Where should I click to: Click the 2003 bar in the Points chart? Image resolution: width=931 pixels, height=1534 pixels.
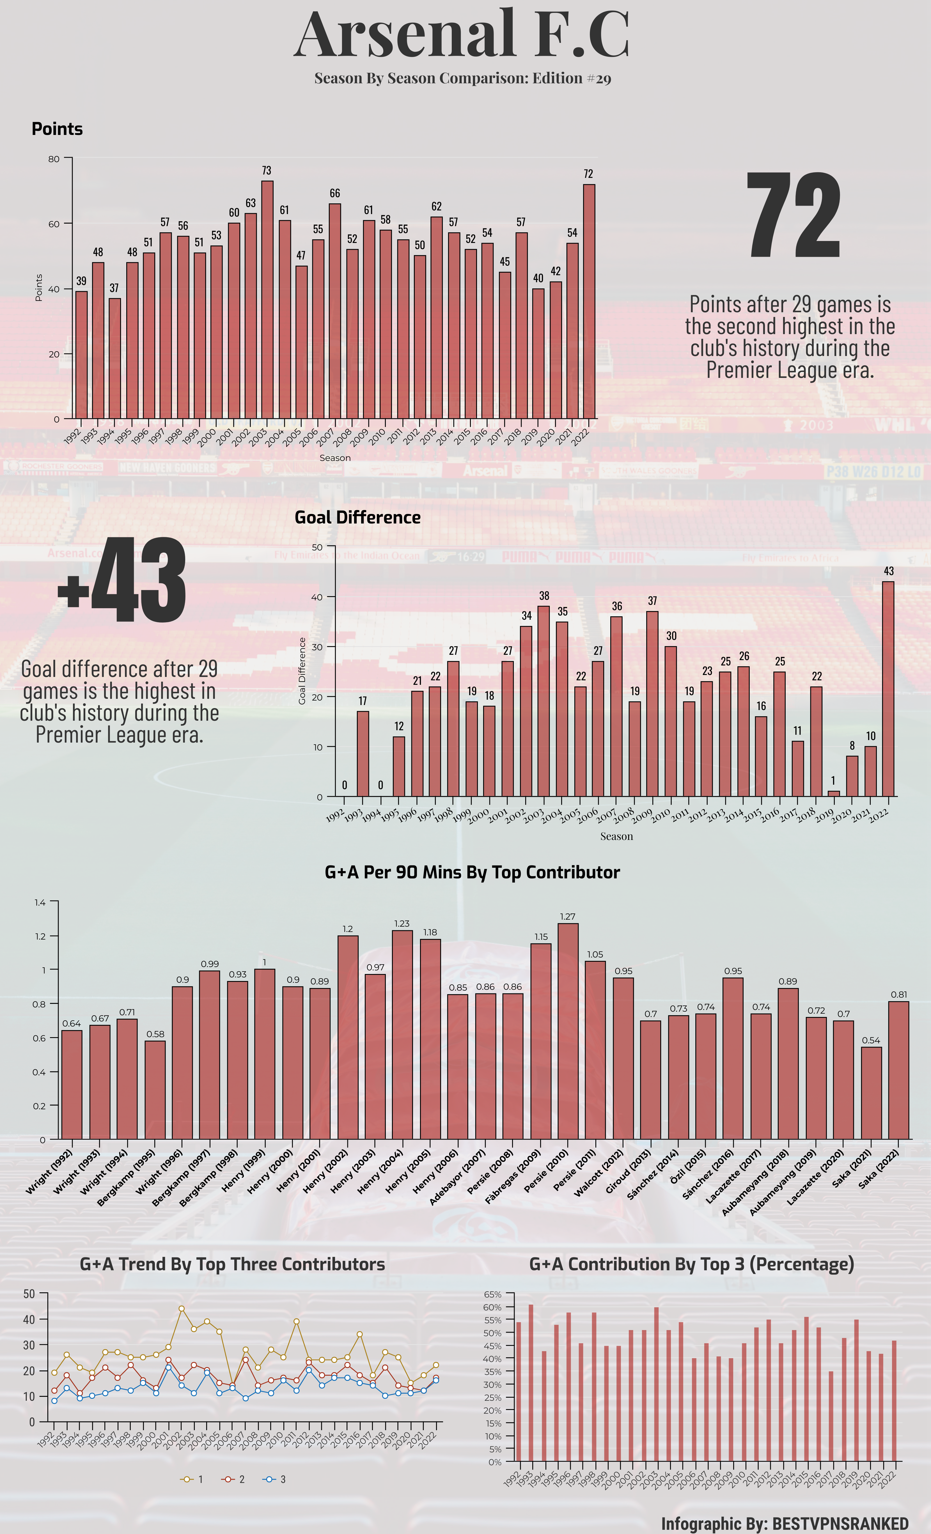pos(267,299)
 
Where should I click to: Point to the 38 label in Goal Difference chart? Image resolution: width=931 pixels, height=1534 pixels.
pos(544,596)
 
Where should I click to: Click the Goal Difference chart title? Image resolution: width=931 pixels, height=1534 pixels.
pos(357,517)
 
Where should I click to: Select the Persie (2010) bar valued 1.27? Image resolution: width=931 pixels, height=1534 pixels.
pos(567,1030)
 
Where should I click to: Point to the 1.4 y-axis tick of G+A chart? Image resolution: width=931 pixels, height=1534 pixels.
pos(40,902)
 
